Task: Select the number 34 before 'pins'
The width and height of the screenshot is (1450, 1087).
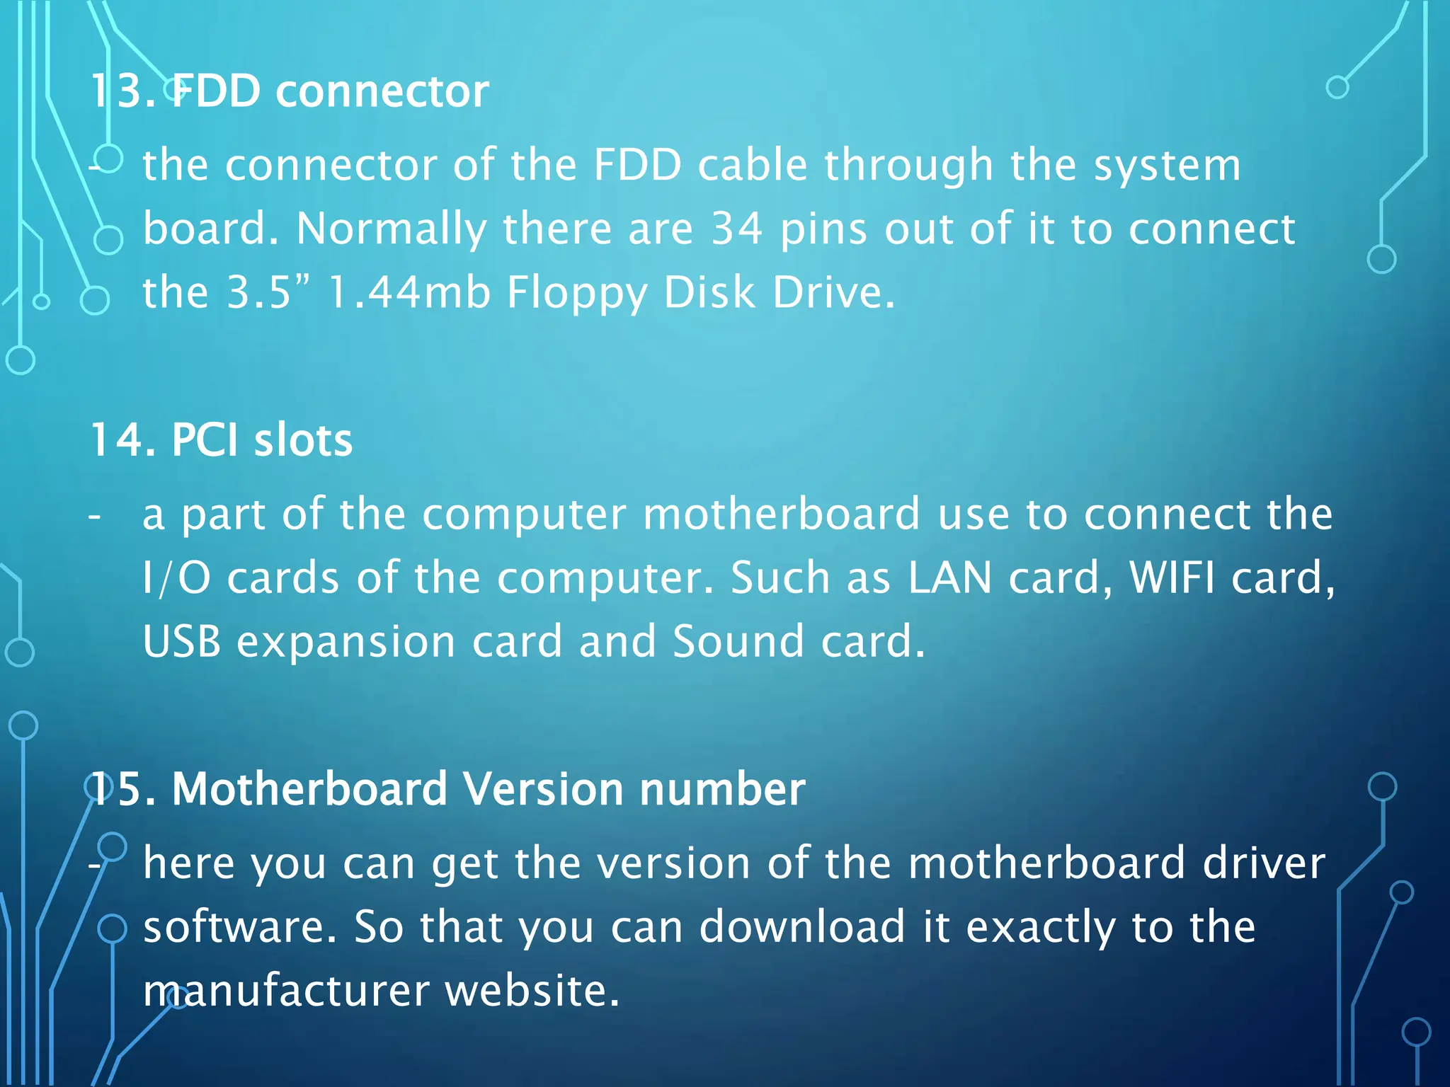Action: (737, 229)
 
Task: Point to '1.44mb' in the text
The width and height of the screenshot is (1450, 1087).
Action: (409, 292)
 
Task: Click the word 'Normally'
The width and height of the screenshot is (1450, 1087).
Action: (391, 229)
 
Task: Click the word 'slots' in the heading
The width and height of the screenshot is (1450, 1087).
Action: (303, 440)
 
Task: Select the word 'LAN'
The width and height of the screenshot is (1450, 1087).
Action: (949, 577)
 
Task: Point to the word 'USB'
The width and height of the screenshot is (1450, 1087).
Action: (182, 641)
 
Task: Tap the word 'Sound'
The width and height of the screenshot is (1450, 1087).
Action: (738, 641)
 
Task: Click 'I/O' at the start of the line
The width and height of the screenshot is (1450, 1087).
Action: (176, 577)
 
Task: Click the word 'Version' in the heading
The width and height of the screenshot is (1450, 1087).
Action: (542, 788)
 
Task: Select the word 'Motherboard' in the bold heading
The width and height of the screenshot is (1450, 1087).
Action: (309, 788)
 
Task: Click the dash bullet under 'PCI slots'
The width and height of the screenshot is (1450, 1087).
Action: (95, 516)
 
